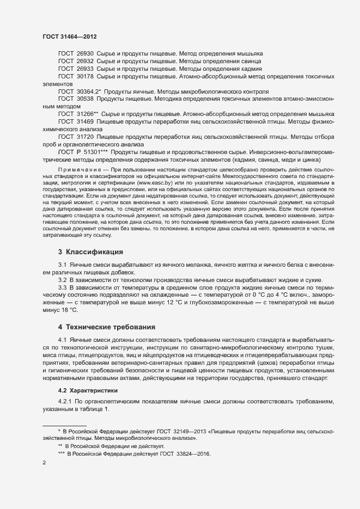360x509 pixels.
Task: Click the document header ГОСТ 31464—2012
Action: click(70, 36)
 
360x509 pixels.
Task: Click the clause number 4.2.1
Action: click(65, 402)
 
